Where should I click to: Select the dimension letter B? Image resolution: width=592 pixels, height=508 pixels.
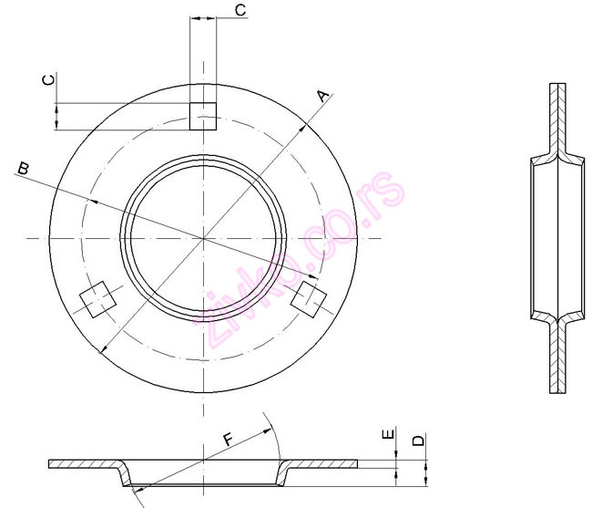(x=24, y=168)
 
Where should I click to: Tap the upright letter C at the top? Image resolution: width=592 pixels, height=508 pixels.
(x=240, y=10)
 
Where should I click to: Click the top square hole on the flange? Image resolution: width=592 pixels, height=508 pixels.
(x=203, y=116)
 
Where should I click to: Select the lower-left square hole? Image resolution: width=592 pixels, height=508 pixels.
(x=96, y=299)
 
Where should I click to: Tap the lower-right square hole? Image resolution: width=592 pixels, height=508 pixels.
(x=310, y=299)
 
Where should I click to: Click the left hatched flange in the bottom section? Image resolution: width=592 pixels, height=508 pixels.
(x=82, y=465)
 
